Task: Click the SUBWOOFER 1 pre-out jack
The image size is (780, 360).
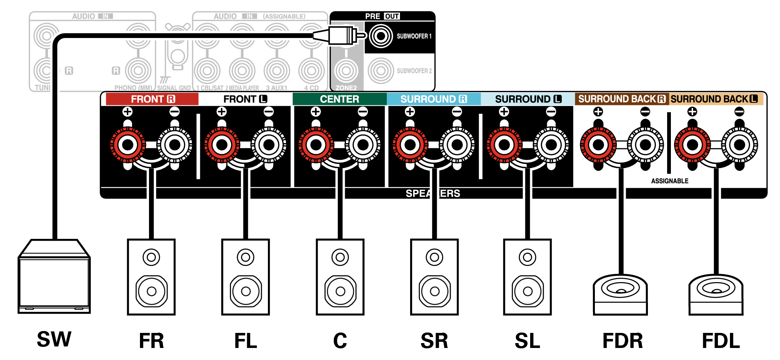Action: coord(381,36)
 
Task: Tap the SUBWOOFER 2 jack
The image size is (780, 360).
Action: coord(381,70)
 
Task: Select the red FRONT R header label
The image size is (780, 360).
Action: coord(152,99)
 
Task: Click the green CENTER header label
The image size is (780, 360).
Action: coord(339,99)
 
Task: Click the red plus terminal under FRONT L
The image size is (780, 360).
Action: coord(222,145)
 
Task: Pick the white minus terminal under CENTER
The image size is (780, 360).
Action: coord(363,145)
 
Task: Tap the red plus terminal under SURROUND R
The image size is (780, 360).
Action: coord(410,145)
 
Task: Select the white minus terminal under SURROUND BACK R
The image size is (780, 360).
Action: coord(645,145)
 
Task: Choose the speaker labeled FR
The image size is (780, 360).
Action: coord(151,277)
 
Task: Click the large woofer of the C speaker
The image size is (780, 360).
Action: coord(340,291)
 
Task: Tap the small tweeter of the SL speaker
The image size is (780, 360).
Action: coord(528,257)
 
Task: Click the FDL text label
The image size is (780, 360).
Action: coord(721,341)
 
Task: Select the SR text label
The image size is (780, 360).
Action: coord(434,341)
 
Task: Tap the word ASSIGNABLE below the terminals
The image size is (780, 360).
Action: coord(670,181)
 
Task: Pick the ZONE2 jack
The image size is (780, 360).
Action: coord(346,70)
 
